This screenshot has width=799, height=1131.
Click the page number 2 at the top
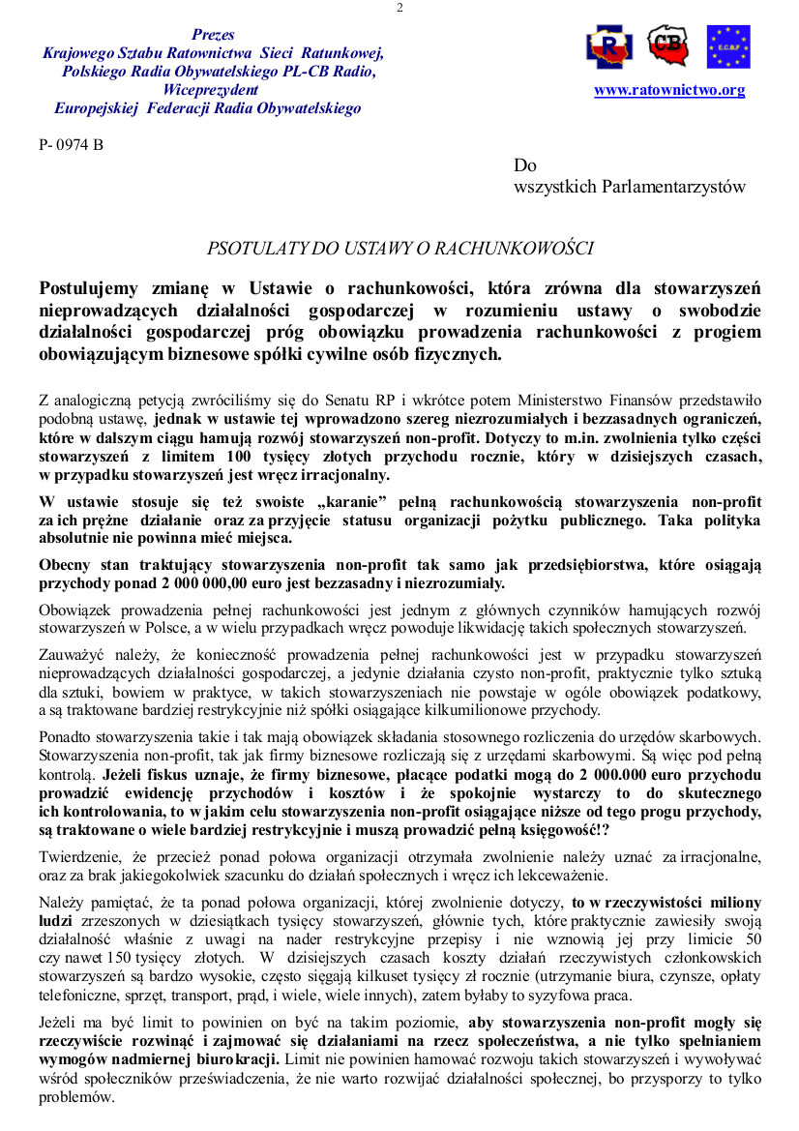pyautogui.click(x=399, y=9)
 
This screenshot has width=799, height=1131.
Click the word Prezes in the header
pyautogui.click(x=213, y=35)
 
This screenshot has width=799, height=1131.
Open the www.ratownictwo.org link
pyautogui.click(x=669, y=90)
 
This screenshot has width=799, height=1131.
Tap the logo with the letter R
pyautogui.click(x=609, y=45)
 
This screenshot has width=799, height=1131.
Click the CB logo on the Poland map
pyautogui.click(x=667, y=45)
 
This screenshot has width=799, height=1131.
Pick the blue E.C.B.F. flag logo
pyautogui.click(x=728, y=46)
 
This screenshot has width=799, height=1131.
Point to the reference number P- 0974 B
pyautogui.click(x=71, y=146)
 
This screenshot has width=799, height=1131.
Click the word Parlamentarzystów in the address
pyautogui.click(x=675, y=187)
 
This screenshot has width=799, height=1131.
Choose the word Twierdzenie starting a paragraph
pyautogui.click(x=82, y=856)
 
